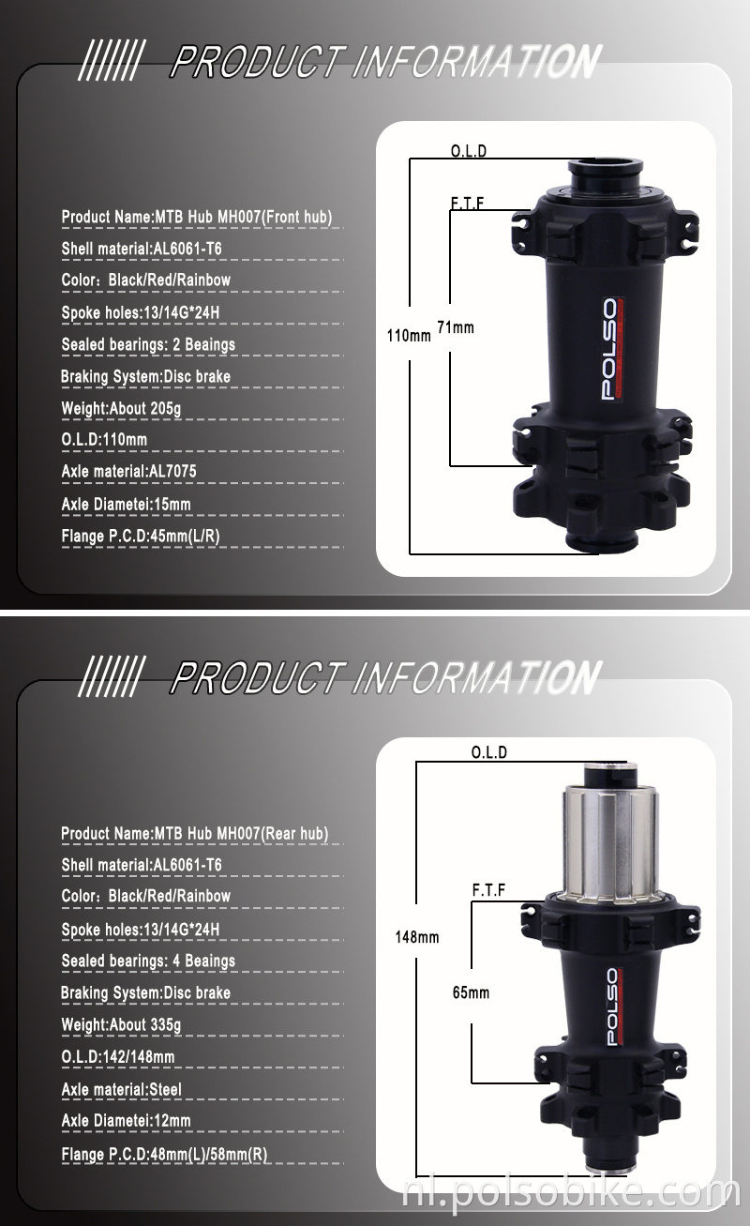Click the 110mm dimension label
tap(409, 335)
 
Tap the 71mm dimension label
tap(456, 327)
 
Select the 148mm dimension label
tap(416, 937)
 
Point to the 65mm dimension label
tap(471, 992)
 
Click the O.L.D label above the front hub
tap(469, 151)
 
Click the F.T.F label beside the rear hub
tap(488, 889)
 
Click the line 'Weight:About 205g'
tap(121, 408)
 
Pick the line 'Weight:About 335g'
tap(121, 1024)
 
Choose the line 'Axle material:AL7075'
tap(128, 472)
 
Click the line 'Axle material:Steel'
tap(121, 1089)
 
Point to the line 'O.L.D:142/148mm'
tap(118, 1057)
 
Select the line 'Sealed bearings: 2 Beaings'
tap(148, 344)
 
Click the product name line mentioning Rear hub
tap(194, 833)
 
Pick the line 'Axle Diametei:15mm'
tap(126, 505)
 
